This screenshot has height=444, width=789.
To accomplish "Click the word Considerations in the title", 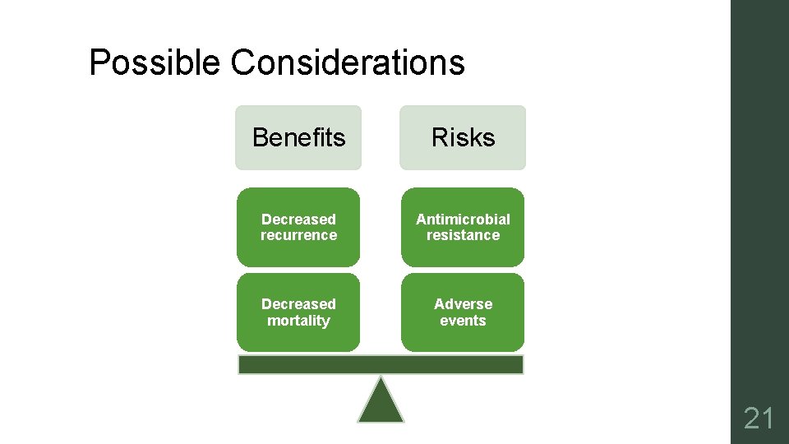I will point(348,62).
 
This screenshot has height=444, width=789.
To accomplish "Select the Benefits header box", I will point(298,137).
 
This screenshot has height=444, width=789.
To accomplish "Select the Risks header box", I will point(463,137).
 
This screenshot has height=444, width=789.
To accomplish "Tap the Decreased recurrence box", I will point(298,227).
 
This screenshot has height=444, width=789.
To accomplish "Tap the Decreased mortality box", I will point(298,312).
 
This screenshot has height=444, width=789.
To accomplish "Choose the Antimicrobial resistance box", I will point(463,227).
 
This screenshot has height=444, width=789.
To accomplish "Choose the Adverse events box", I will point(463,312).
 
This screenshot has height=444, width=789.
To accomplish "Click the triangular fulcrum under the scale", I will point(381,403).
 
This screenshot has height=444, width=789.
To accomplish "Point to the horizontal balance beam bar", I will point(381,365).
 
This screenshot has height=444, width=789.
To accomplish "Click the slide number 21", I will point(759,420).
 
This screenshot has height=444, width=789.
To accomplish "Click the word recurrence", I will point(298,235).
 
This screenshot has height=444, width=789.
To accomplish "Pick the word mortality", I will point(298,321).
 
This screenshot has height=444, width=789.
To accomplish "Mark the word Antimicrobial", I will point(463,219).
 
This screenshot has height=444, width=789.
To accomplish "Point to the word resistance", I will point(463,235).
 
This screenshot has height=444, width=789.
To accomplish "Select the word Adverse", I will point(463,304).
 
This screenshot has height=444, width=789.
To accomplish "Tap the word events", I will point(463,321).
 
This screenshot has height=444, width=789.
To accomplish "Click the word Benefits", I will point(298,137).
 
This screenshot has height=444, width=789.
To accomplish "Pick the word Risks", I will point(463,137).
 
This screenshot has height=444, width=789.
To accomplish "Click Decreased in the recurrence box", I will point(298,219).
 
